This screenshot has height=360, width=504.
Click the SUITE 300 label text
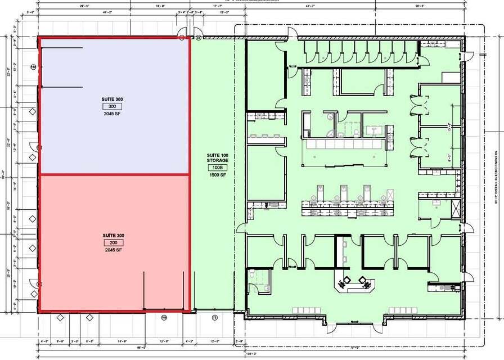point(112,99)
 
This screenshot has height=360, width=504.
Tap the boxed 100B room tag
point(217,168)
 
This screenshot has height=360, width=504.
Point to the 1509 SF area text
point(217,175)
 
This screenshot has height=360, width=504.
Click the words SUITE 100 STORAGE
point(217,157)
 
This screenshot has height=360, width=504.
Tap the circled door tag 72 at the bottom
point(214,318)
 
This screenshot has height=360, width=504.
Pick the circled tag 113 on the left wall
point(33,67)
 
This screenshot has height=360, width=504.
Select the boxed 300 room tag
point(112,106)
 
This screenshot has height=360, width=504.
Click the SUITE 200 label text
point(112,235)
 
